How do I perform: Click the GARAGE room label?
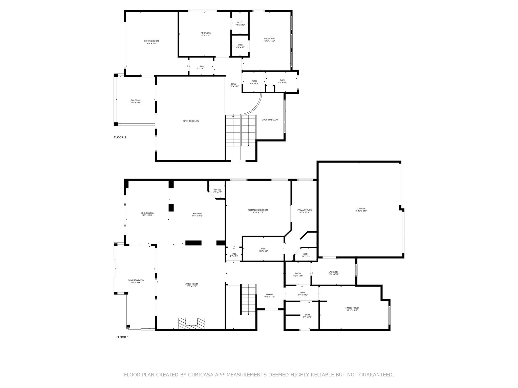coord(361,209)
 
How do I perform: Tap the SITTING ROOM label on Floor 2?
coord(151,41)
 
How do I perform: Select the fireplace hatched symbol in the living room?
coord(191,323)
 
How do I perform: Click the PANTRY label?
coord(217,190)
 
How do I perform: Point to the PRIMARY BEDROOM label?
coord(258,210)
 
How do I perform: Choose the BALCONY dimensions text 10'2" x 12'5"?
coord(136,103)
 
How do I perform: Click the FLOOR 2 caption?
coord(120,137)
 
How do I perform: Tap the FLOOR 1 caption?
coord(122,337)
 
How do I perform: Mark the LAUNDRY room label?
coord(333,272)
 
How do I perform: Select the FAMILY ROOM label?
coord(352,308)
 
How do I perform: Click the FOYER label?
coord(269,295)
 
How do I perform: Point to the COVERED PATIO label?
coord(136,280)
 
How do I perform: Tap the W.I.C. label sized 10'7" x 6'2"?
coord(263,249)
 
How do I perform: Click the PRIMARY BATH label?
coord(305,210)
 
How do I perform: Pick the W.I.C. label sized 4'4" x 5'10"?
coord(240,22)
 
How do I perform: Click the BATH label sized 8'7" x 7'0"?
coord(307,315)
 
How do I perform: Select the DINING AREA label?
coord(147,213)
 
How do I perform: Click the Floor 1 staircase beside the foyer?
coord(248,299)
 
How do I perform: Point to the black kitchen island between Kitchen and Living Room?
coord(193,243)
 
